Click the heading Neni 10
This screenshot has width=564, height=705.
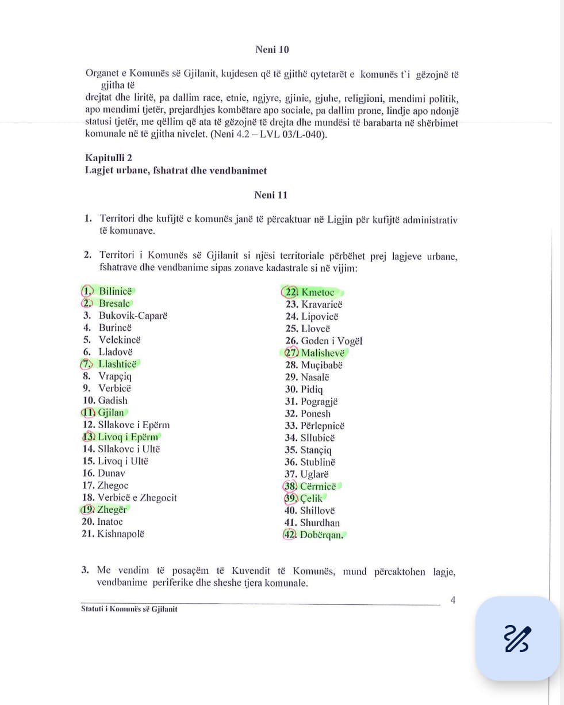[x=272, y=49]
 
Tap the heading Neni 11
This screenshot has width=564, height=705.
[x=271, y=195]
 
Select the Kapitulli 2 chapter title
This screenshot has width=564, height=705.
[x=109, y=158]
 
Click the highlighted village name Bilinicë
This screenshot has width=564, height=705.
[x=116, y=291]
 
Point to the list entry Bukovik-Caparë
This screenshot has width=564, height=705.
[x=133, y=315]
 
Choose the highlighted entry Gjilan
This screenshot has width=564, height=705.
[x=111, y=413]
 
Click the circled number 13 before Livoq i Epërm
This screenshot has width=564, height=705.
[x=89, y=437]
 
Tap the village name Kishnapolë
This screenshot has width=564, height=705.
[x=121, y=533]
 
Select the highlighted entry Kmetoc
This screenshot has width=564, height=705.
[x=317, y=292]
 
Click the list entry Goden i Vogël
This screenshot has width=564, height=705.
[x=331, y=341]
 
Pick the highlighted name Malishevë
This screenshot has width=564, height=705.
[x=323, y=353]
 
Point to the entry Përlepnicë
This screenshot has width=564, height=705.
[x=323, y=426]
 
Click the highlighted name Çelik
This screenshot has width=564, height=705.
[x=311, y=498]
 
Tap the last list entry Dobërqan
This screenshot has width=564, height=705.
[x=321, y=535]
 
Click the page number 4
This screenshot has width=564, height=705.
[x=453, y=600]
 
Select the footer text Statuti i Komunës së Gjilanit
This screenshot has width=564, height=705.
[x=129, y=609]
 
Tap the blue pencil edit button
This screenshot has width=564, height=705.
[x=517, y=638]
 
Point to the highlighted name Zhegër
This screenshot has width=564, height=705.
[x=112, y=509]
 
